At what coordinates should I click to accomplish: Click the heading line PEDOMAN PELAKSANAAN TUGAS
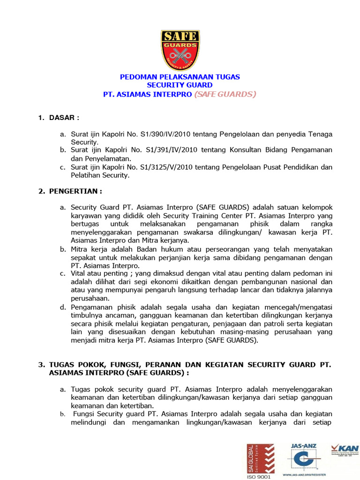180,76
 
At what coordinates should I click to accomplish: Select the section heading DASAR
64,118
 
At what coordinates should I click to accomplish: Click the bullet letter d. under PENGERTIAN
63,307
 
